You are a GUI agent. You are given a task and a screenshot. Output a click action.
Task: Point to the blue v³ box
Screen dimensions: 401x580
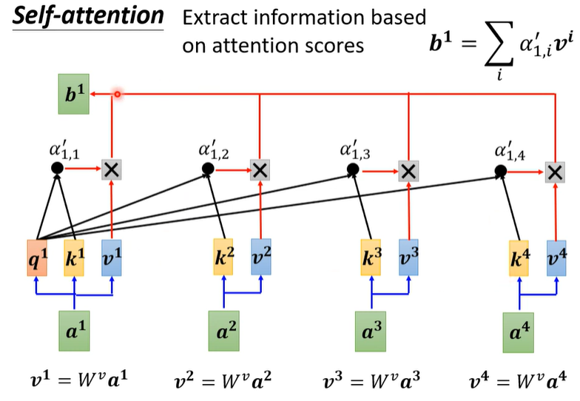coord(409,255)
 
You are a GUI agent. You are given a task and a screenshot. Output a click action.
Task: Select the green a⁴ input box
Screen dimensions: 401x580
coord(519,331)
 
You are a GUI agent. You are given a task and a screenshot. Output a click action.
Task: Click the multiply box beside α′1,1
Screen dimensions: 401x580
coord(112,169)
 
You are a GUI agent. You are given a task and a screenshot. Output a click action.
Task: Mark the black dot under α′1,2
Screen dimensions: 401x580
coord(209,170)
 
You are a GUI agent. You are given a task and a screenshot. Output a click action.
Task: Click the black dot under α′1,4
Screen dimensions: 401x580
coord(501,171)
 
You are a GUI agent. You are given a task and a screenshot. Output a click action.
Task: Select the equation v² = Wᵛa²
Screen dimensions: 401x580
coord(223,383)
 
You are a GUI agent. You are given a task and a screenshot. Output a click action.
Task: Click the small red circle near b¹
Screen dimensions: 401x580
coord(117,95)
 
